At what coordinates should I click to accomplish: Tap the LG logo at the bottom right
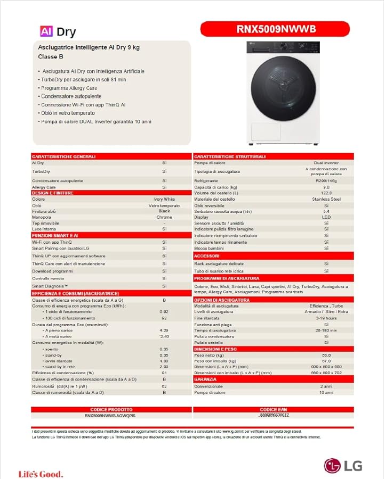344,465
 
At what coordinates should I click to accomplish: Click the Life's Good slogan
41,474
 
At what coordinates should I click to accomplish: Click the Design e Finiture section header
53,193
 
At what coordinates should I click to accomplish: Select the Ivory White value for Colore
164,199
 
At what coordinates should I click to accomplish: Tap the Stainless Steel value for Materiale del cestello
326,199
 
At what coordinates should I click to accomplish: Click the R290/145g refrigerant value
326,181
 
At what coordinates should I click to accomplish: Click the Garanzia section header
206,379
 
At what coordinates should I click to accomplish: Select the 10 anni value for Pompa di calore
326,392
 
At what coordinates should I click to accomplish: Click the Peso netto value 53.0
326,355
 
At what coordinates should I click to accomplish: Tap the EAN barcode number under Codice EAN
274,415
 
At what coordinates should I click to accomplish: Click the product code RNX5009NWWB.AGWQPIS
111,415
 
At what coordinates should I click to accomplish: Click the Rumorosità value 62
164,386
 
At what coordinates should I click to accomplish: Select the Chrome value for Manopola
164,217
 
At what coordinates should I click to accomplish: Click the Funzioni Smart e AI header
55,235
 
